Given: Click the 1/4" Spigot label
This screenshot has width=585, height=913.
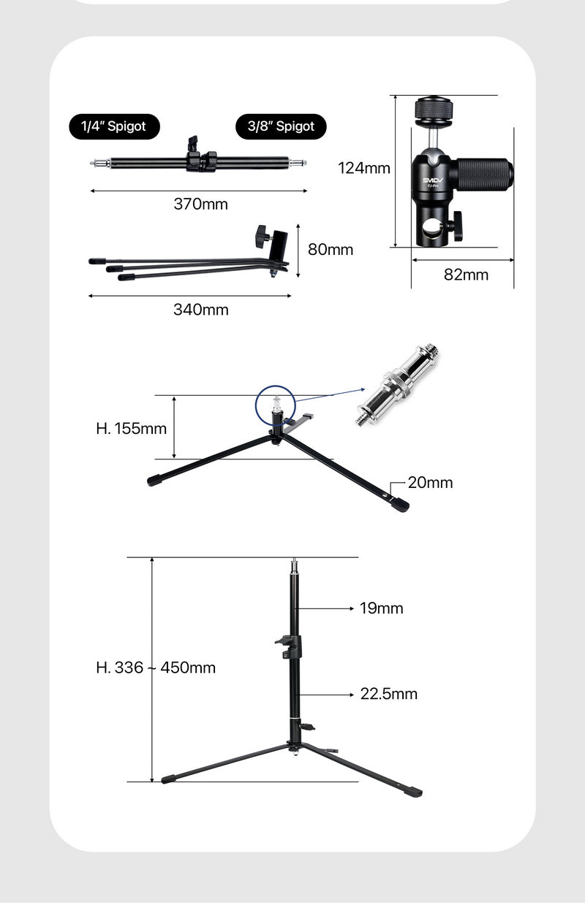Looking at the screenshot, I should click(x=114, y=126).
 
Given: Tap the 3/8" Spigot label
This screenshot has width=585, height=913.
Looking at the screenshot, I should click(x=281, y=126).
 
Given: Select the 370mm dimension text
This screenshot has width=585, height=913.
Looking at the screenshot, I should click(x=200, y=205).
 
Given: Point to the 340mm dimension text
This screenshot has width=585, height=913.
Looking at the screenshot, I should click(x=200, y=310).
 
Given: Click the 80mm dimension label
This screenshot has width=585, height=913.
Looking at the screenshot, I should click(x=330, y=250).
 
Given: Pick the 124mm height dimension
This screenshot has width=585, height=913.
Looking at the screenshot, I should click(x=363, y=168).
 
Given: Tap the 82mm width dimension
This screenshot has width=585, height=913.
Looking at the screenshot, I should click(x=466, y=275).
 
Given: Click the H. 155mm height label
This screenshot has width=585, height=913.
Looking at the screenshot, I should click(x=132, y=428).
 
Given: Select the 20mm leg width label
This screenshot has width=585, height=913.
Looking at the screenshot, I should click(x=430, y=483).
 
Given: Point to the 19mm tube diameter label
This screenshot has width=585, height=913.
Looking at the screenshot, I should click(x=381, y=608).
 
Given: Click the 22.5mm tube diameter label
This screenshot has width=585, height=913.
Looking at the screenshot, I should click(x=388, y=693).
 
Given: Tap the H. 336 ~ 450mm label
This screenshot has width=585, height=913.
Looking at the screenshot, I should click(x=156, y=668).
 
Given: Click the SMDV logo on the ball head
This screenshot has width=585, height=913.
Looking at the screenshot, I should click(x=432, y=179).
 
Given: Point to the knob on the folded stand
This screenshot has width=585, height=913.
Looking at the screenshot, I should click(x=262, y=235).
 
